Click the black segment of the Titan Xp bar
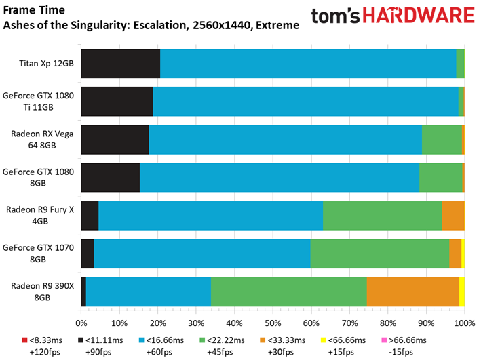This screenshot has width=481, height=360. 120,63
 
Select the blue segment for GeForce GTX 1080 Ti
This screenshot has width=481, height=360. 305,101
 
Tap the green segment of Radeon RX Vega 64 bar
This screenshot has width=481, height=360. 442,139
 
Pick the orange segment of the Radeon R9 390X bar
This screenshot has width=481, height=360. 412,292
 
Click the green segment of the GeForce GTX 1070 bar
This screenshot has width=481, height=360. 380,254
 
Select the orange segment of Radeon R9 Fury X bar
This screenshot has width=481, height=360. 453,216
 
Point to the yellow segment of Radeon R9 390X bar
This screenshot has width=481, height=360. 461,292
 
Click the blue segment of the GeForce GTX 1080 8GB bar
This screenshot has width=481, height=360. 279,178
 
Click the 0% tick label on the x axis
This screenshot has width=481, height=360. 81,323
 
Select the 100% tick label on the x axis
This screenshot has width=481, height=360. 464,323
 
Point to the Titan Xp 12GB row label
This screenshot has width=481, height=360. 46,64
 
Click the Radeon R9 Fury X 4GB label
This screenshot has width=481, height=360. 40,216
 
